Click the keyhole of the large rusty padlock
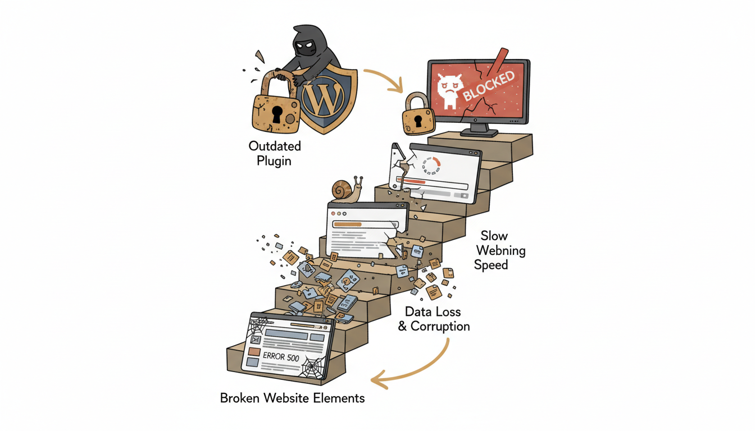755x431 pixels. coord(276,114)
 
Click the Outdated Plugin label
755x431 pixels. coord(275,153)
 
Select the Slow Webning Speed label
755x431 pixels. coord(499,250)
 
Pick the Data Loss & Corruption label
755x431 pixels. coord(434,319)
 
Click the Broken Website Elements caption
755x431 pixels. coord(292,398)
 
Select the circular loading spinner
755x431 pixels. coord(431,167)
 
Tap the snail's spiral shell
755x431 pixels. coord(342,190)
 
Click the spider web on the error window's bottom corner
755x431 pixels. coord(312,367)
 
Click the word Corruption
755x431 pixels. coord(440,326)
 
